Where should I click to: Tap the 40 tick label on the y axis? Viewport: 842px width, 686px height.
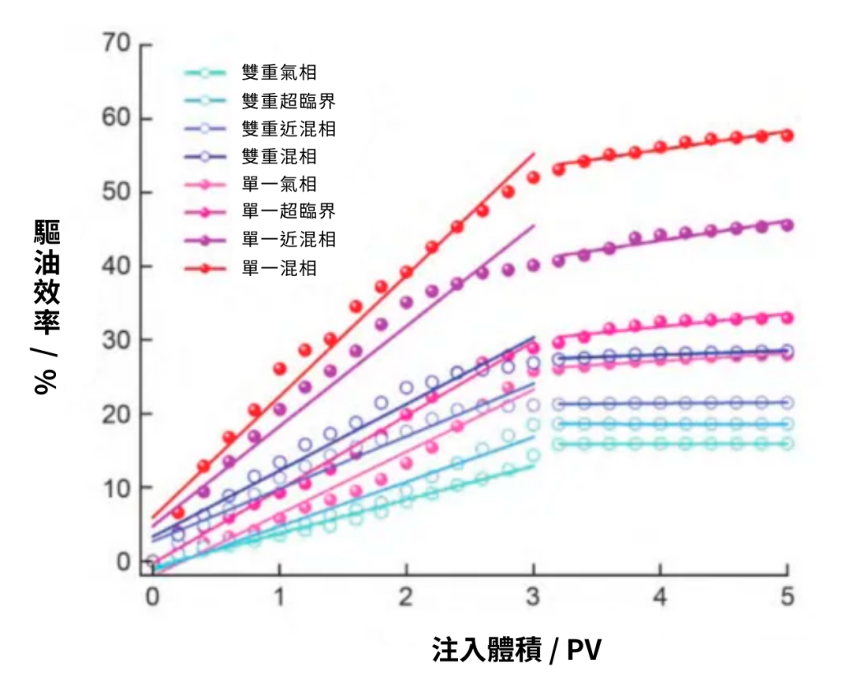[x=117, y=266]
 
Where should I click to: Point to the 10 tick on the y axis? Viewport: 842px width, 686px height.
[x=117, y=488]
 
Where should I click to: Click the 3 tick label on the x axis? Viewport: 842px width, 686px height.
[x=534, y=597]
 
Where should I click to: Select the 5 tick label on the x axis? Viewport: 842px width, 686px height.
[x=787, y=597]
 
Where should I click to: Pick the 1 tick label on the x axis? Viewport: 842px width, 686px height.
[x=280, y=597]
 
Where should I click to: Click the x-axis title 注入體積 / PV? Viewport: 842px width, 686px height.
[x=516, y=651]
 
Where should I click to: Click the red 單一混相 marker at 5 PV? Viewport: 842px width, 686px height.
[x=787, y=135]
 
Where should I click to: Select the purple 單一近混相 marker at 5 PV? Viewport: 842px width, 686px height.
[x=787, y=224]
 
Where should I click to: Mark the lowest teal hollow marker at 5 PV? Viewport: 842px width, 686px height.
[x=787, y=444]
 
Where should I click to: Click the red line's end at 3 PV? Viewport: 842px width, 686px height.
[x=534, y=154]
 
